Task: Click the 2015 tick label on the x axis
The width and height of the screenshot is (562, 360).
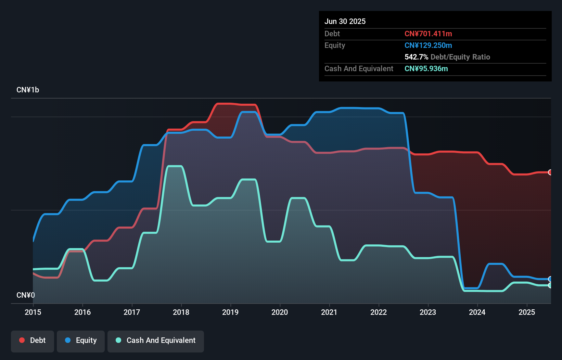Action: pos(33,312)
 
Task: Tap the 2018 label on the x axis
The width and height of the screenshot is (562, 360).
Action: pos(181,312)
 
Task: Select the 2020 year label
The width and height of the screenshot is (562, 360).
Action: pos(280,312)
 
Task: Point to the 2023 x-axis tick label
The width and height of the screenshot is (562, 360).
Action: pos(428,312)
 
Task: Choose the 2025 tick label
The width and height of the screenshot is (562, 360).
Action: pos(527,312)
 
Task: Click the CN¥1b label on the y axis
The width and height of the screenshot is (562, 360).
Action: pos(28,90)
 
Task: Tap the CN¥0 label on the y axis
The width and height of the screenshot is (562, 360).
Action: pos(26,295)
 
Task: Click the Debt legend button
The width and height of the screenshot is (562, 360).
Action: pos(33,340)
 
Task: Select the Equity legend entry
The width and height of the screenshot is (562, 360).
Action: pos(81,340)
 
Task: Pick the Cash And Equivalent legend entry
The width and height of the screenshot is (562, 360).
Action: pos(156,340)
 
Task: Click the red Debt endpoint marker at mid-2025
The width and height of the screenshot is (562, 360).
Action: pos(550,172)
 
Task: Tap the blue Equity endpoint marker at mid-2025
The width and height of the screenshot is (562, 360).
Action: pos(550,279)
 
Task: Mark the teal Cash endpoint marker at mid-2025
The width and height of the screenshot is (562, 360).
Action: pos(550,285)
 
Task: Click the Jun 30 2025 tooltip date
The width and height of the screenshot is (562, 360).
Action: pos(345,21)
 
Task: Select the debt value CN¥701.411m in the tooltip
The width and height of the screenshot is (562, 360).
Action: pos(428,34)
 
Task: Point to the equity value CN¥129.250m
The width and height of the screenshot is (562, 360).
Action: pos(428,45)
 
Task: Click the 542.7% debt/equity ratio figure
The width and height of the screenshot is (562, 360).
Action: pos(416,57)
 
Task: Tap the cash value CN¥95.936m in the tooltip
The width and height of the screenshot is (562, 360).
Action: pos(426,68)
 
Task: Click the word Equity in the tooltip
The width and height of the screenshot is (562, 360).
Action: pos(335,45)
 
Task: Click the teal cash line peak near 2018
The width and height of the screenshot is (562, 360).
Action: pos(175,166)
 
